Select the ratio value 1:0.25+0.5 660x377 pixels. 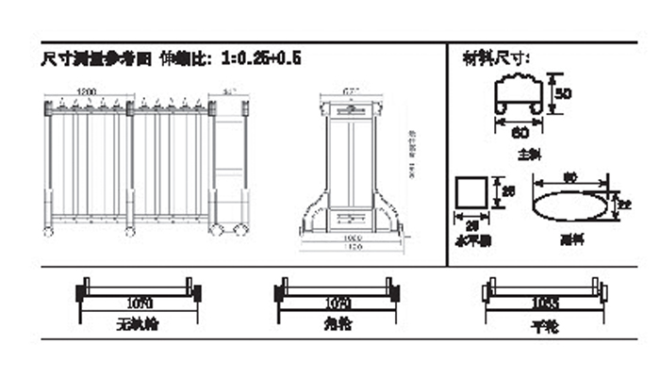click(x=261, y=57)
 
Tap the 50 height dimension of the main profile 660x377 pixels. click(x=563, y=94)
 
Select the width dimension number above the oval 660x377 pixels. click(x=569, y=176)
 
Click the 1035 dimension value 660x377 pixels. click(x=542, y=303)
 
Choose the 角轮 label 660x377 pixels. click(x=337, y=324)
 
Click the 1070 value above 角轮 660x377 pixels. click(x=337, y=303)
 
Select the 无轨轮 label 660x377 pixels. click(x=138, y=324)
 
